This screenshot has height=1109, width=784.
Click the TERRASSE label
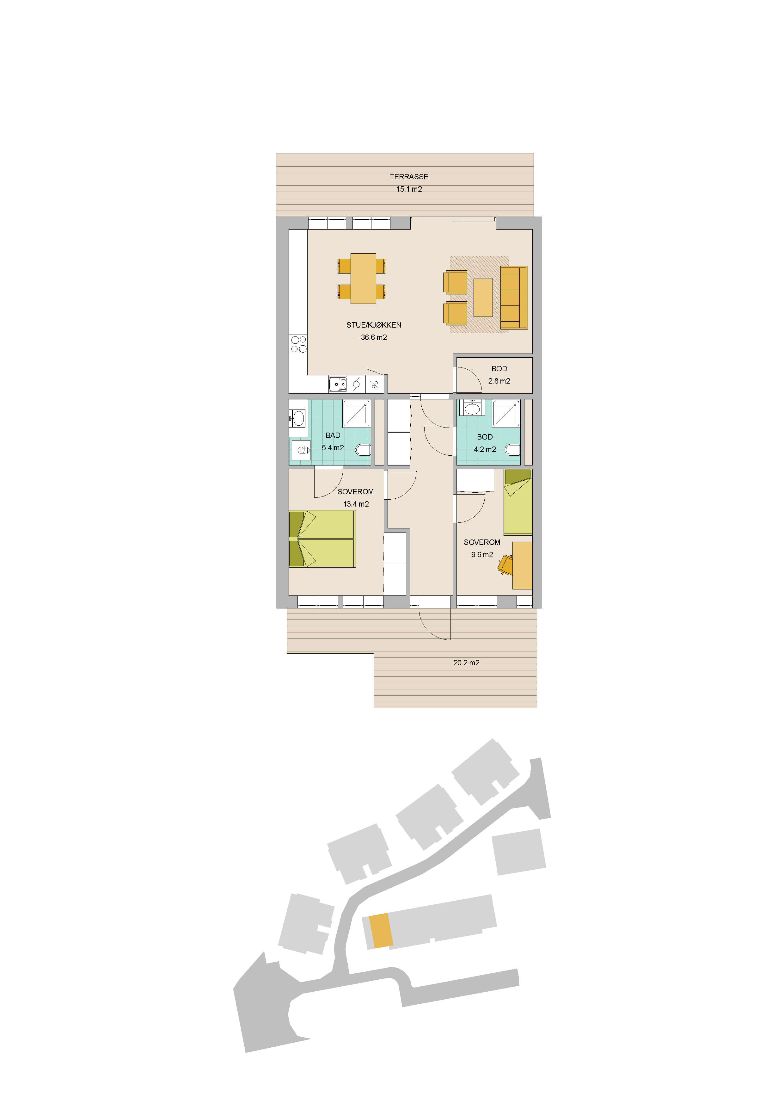[x=409, y=177]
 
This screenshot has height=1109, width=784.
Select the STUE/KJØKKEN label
[x=374, y=325]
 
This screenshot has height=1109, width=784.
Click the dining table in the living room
[x=363, y=279]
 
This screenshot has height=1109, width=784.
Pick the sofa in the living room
[x=514, y=298]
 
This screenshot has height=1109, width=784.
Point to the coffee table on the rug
[x=483, y=298]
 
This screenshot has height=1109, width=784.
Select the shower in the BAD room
[x=356, y=413]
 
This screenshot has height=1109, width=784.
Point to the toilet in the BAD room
[x=363, y=450]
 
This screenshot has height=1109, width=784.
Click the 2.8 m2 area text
[x=499, y=381]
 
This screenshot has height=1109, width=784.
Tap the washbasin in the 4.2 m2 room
[x=472, y=408]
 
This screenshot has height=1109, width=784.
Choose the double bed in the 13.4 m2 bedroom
[x=322, y=539]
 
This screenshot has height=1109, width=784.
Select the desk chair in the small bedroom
[x=505, y=564]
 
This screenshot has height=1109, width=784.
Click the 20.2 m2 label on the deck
[x=466, y=663]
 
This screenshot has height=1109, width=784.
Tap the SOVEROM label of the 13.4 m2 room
[x=355, y=492]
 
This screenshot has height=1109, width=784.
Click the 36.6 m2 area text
[x=374, y=338]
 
